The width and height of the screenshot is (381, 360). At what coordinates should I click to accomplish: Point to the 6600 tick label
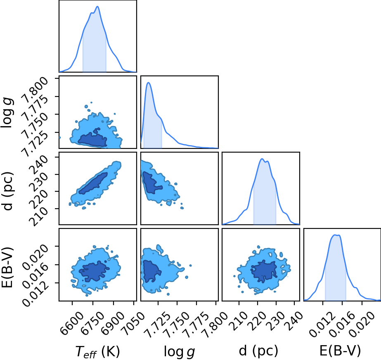[72, 320]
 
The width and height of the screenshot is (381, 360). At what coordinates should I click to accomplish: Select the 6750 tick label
[92, 320]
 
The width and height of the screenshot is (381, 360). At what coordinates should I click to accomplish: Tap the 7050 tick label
[133, 320]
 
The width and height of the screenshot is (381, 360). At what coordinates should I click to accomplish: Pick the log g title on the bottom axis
[179, 351]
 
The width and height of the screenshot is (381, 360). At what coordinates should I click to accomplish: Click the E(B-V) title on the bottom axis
[340, 351]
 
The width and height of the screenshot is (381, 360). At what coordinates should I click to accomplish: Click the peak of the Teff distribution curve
[97, 7]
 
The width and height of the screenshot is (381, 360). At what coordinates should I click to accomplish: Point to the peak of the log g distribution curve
[148, 83]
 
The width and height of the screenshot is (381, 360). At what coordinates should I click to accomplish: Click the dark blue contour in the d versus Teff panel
[93, 183]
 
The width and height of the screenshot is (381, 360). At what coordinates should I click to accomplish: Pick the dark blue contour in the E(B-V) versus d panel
[264, 271]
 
